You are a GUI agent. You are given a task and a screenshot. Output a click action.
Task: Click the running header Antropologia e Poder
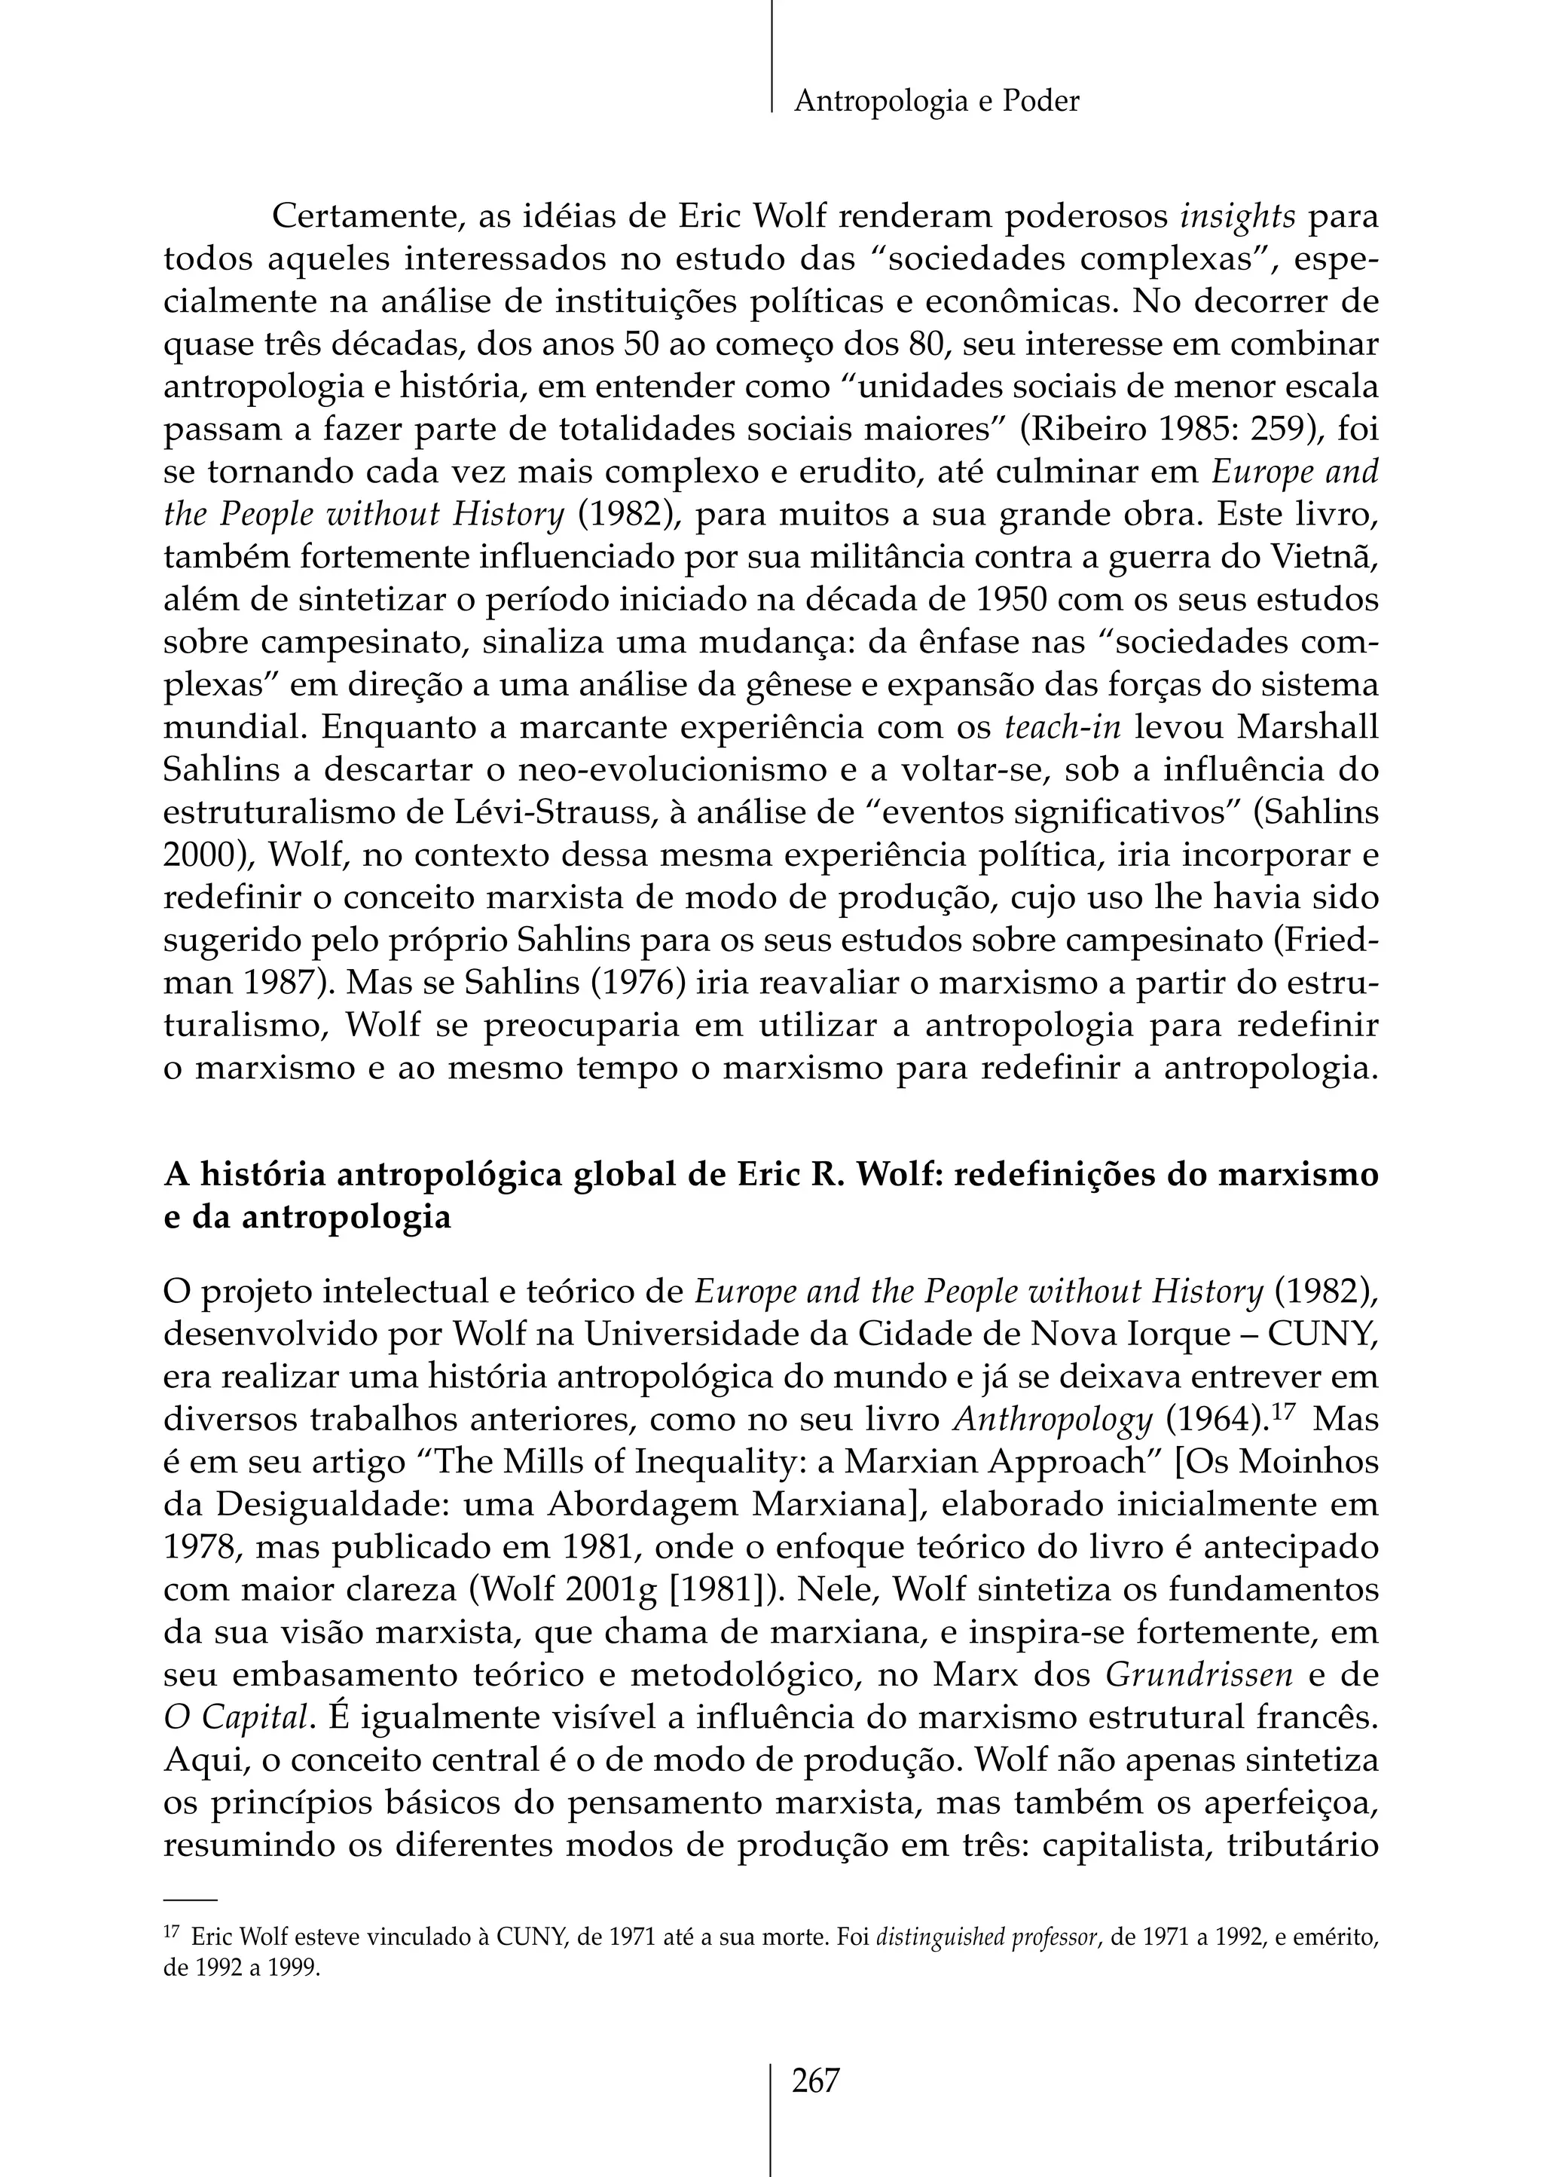point(936,101)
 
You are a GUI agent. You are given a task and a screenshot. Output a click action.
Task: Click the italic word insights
point(1237,217)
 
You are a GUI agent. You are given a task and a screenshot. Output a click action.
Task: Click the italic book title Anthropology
point(1052,1420)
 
